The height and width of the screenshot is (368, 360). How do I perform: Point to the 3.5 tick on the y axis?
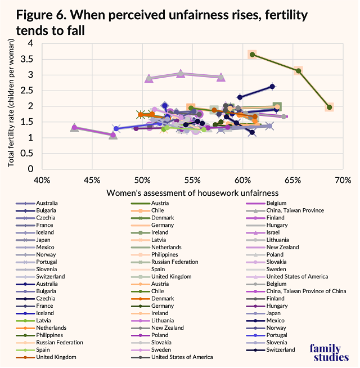(28, 59)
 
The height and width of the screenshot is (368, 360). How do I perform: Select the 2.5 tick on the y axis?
(28, 90)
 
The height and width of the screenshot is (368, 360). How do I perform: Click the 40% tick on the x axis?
(42, 180)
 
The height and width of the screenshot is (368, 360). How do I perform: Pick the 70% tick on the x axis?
(343, 180)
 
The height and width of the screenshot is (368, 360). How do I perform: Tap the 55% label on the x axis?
(192, 180)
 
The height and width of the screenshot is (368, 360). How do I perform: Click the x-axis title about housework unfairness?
(192, 193)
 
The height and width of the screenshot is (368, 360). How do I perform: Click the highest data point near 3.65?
(253, 55)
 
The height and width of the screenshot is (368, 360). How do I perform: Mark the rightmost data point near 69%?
(330, 107)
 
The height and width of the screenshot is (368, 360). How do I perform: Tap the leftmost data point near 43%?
(74, 128)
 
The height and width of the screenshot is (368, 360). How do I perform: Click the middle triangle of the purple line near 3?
(180, 74)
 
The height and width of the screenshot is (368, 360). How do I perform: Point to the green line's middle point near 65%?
(298, 70)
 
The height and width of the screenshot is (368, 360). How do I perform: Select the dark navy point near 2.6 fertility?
(272, 86)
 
